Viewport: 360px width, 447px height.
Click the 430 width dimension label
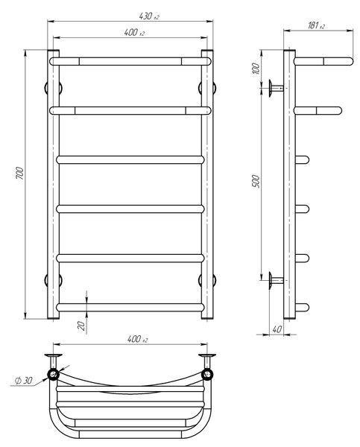pos(149,16)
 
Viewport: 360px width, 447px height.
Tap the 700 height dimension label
pos(19,174)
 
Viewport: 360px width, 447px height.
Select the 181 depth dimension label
pos(316,25)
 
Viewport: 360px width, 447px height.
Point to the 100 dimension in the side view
pos(256,69)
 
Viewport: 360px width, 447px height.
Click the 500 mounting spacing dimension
pos(256,181)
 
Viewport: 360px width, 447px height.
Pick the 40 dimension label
pos(277,329)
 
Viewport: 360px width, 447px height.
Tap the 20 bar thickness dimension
pos(81,326)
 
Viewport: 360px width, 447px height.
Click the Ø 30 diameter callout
pos(23,381)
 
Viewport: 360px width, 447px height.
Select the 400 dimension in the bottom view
pos(137,339)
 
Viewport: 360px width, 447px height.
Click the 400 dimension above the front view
pos(134,33)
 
